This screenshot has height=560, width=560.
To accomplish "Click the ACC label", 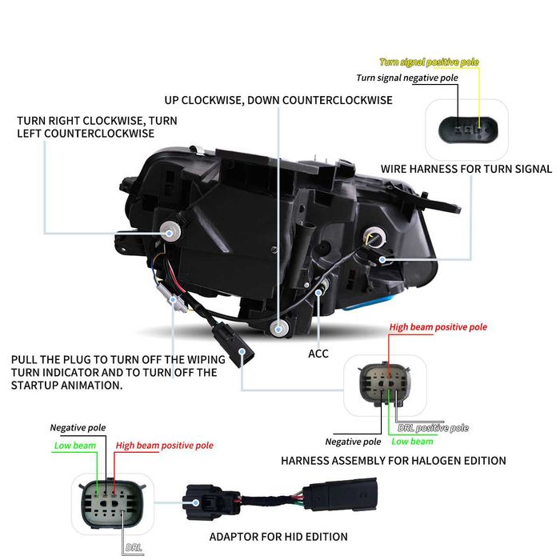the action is [318, 354].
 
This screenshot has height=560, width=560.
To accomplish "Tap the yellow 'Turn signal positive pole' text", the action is [429, 62].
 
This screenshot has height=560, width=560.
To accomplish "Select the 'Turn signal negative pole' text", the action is [407, 78].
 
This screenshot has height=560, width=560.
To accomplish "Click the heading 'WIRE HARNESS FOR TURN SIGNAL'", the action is [466, 169].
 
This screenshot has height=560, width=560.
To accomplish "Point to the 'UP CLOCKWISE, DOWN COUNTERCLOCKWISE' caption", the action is [278, 100].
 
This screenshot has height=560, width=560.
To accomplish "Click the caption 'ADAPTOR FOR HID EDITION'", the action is [278, 537].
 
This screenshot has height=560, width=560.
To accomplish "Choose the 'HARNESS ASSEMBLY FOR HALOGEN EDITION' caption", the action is [394, 461].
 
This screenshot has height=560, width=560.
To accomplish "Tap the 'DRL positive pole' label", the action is [434, 428].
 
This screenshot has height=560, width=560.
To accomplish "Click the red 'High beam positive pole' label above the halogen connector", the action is [438, 327].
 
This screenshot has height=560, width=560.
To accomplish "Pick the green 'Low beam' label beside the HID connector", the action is [75, 446].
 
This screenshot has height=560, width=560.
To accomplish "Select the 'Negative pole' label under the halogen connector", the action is [353, 442].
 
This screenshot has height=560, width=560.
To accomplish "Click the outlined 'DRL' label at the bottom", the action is [134, 547].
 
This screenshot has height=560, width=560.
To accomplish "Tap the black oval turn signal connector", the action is [468, 130].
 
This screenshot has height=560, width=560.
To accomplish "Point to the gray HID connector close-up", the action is [113, 504].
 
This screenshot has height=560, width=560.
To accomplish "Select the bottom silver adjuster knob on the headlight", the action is [279, 328].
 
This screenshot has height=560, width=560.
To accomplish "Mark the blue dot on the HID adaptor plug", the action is [196, 502].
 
